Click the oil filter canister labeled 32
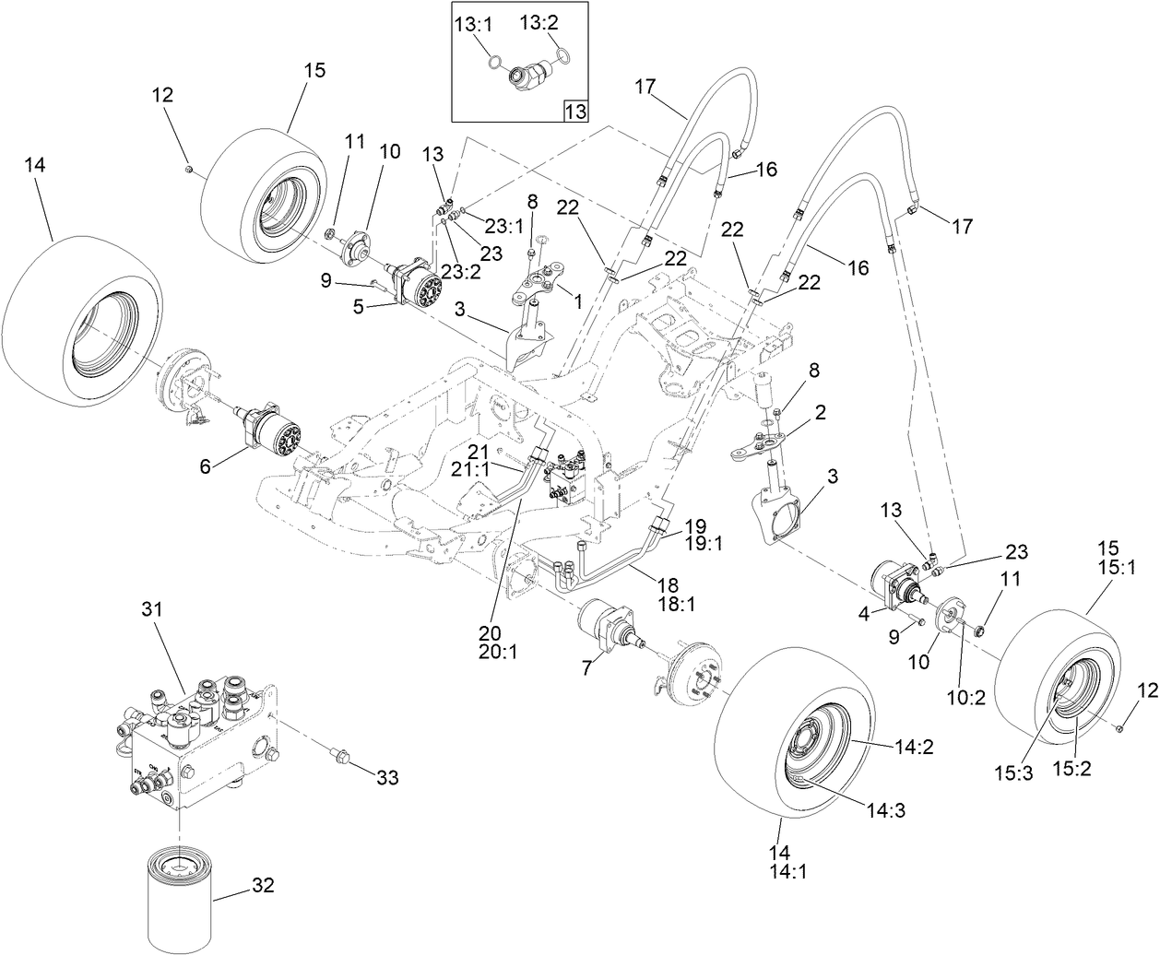click(179, 895)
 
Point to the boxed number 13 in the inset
click(574, 112)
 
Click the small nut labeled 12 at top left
click(188, 168)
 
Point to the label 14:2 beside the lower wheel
click(914, 748)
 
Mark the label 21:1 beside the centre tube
click(486, 468)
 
